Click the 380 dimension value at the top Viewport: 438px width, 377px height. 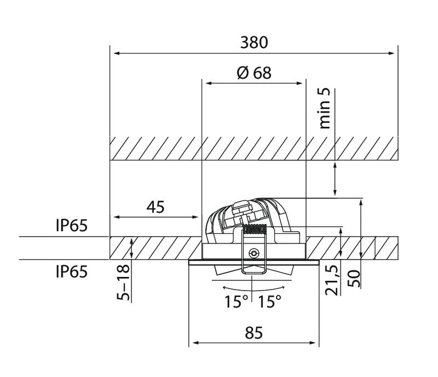tap(254, 42)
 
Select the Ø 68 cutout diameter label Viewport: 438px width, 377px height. tap(254, 73)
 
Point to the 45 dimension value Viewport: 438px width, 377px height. tap(155, 207)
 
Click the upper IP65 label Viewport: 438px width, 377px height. tap(71, 226)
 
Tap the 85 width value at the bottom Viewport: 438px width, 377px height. tap(254, 332)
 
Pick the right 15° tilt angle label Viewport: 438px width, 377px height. tap(270, 301)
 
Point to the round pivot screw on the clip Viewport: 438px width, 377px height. tap(253, 253)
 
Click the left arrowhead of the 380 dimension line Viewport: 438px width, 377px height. tap(114, 53)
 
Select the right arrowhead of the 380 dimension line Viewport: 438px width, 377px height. tap(394, 53)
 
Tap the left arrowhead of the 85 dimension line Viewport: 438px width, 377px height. tap(192, 344)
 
